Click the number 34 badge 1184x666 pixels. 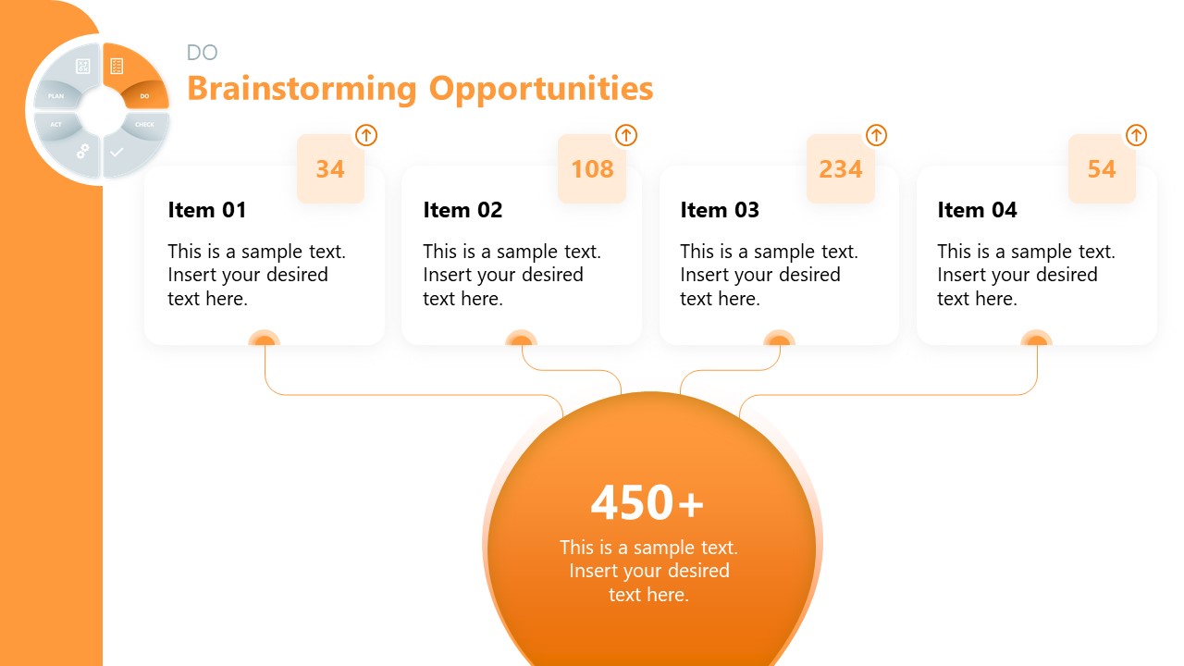tap(330, 169)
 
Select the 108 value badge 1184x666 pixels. tap(592, 169)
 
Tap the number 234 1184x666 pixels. tap(841, 169)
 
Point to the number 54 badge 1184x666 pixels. tap(1102, 169)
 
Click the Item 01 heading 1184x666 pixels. tap(207, 211)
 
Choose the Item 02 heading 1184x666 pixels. tap(462, 211)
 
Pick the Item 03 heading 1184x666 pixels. tap(720, 211)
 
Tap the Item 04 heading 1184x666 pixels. tap(977, 211)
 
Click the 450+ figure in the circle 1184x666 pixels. tap(647, 503)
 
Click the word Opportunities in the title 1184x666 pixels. tap(541, 89)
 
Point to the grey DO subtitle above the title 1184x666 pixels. tap(203, 53)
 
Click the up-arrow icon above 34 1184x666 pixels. tap(366, 135)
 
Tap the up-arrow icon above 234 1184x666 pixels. tap(876, 135)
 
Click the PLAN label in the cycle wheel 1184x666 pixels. tap(56, 96)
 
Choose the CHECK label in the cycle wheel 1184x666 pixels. tap(144, 125)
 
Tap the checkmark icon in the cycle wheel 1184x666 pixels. tap(117, 152)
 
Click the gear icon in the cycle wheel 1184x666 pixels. tap(82, 151)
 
